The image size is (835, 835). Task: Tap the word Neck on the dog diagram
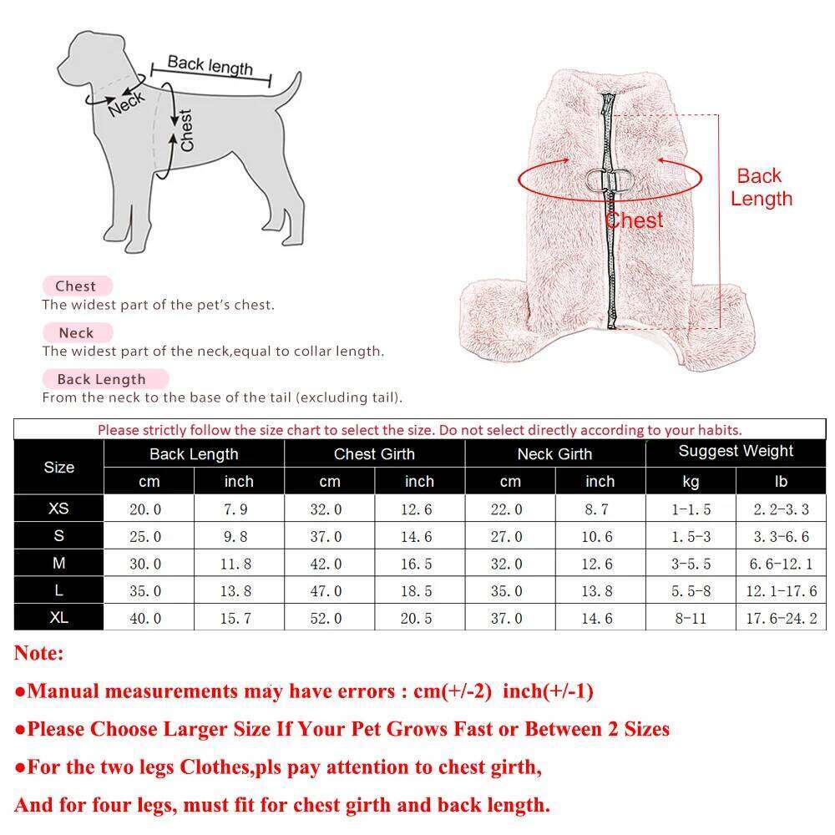pyautogui.click(x=125, y=103)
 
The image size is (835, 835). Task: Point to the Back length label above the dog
pyautogui.click(x=210, y=65)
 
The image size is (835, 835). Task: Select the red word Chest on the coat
pyautogui.click(x=635, y=220)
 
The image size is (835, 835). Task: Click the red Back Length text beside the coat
pyautogui.click(x=760, y=187)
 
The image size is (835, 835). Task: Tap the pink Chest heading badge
pyautogui.click(x=76, y=286)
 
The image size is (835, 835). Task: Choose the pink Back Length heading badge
pyautogui.click(x=101, y=379)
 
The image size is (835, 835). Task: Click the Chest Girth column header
pyautogui.click(x=374, y=454)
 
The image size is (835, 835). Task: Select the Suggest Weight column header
pyautogui.click(x=736, y=452)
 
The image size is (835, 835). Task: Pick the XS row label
pyautogui.click(x=58, y=509)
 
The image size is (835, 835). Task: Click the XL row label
pyautogui.click(x=58, y=618)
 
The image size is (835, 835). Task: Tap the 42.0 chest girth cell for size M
pyautogui.click(x=329, y=564)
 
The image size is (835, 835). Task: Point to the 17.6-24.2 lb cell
pyautogui.click(x=782, y=619)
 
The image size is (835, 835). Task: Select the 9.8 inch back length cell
pyautogui.click(x=238, y=537)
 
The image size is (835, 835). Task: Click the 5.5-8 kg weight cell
pyautogui.click(x=691, y=591)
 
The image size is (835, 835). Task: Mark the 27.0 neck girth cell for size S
pyautogui.click(x=509, y=537)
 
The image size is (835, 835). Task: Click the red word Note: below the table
pyautogui.click(x=38, y=654)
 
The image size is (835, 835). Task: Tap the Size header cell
pyautogui.click(x=58, y=468)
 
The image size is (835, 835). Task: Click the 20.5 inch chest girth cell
pyautogui.click(x=419, y=619)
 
